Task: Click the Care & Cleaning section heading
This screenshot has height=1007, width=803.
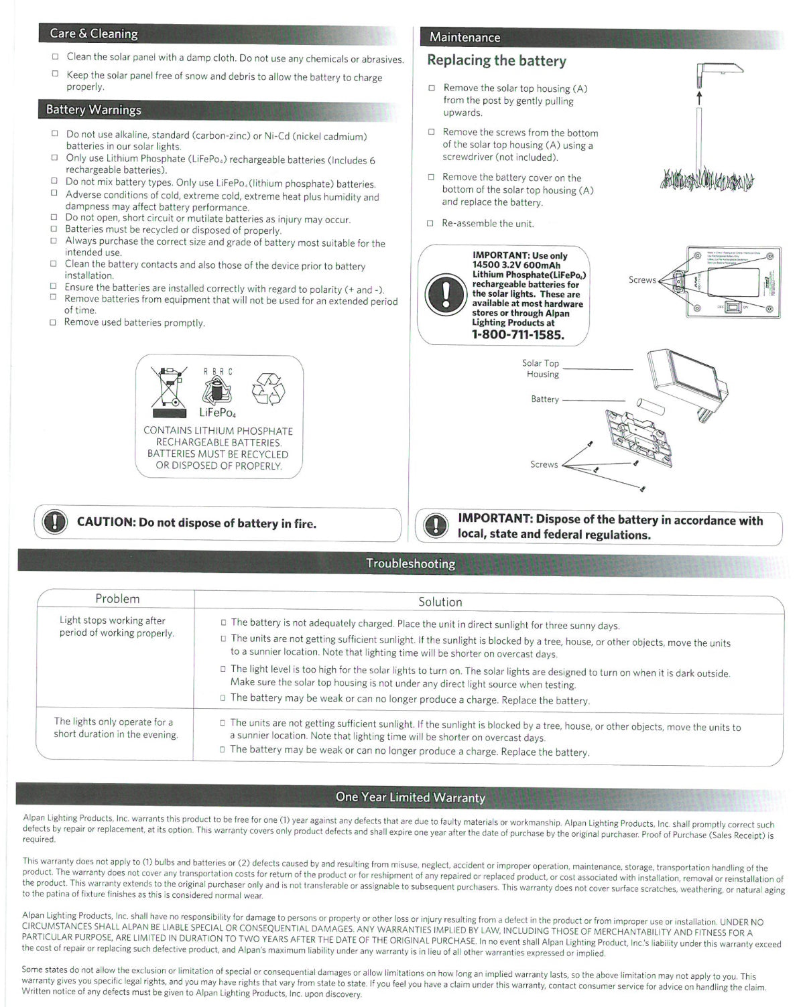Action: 93,33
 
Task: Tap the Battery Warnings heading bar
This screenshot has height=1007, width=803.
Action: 93,110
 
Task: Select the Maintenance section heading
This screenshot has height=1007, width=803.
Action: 465,38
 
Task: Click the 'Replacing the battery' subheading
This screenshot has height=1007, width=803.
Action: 497,60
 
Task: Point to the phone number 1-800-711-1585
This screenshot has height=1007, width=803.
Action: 518,335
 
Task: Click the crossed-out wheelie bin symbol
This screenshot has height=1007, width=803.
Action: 168,388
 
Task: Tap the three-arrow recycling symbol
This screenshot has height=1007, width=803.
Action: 267,389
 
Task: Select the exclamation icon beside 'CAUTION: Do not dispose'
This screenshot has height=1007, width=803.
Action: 54,523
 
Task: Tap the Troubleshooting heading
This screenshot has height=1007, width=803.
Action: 410,563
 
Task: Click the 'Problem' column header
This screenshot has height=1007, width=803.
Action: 117,599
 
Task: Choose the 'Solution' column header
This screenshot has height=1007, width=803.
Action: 440,602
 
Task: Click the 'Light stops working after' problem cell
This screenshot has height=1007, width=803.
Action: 116,626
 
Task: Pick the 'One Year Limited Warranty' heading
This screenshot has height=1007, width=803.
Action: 410,797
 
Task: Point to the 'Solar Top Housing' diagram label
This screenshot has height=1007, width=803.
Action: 540,368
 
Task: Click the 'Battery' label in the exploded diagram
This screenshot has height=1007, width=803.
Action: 545,399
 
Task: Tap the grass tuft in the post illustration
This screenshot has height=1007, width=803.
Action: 706,180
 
